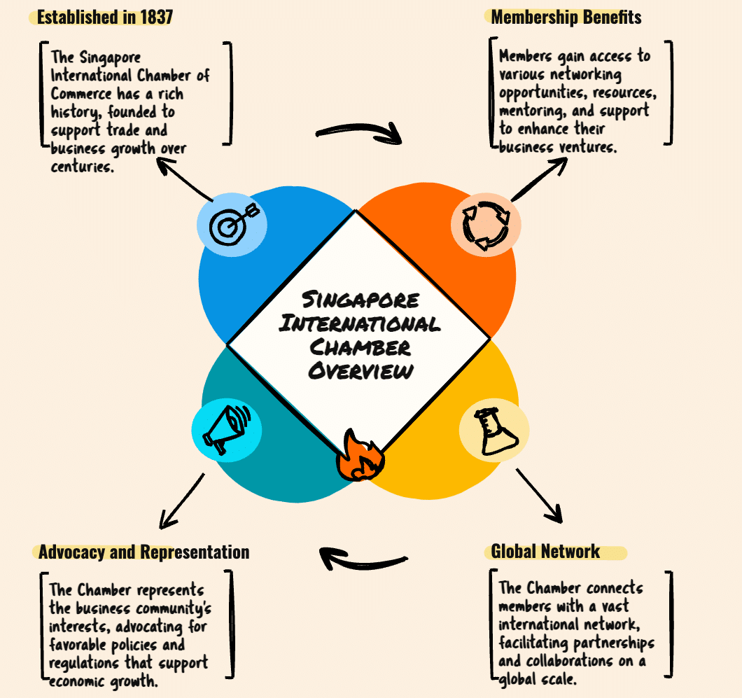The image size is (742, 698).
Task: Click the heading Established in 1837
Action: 104,17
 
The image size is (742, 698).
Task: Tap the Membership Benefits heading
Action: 566,17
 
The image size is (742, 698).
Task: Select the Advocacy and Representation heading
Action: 144,552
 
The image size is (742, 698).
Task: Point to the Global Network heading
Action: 545,551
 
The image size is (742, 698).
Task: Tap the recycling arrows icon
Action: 485,225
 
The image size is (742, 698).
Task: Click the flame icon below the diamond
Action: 360,456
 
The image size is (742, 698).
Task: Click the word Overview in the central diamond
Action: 360,371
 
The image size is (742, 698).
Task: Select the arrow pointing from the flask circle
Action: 540,496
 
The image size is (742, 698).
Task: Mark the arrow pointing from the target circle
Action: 185,179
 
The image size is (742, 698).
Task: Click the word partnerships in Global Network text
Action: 609,643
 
